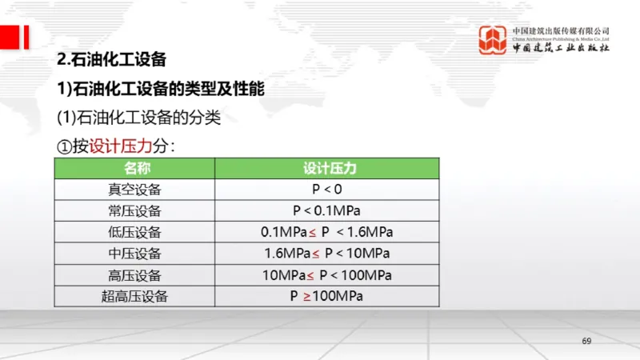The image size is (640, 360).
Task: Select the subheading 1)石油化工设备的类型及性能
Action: tap(160, 88)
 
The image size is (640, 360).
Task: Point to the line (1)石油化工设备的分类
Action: tap(138, 117)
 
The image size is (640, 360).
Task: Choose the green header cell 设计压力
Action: tap(328, 169)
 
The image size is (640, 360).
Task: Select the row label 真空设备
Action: tap(134, 190)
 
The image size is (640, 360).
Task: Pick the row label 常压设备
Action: tap(134, 211)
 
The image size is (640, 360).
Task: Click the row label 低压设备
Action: tap(134, 233)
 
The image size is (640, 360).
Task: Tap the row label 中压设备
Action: tap(134, 254)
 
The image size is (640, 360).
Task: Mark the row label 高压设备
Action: tap(134, 275)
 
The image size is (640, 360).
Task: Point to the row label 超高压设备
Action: tap(134, 297)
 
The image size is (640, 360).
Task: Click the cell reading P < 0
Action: tap(326, 190)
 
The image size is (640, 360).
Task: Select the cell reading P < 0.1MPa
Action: tap(326, 211)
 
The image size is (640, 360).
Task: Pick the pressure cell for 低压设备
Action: tap(326, 233)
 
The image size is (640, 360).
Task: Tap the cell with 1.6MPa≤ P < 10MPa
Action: tap(326, 254)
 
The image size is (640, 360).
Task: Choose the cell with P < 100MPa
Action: tap(326, 275)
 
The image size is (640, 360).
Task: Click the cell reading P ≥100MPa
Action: tap(326, 297)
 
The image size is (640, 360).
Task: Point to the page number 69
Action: tap(586, 342)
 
